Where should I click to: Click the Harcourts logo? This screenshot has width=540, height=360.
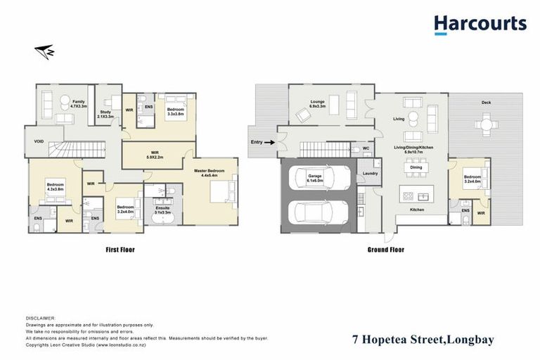tap(480, 25)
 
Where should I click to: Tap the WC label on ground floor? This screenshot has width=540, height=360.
tap(366, 148)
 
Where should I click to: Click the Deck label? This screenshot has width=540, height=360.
tap(486, 103)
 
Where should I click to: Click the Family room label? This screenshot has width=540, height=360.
tap(79, 103)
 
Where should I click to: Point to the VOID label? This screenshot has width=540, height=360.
tap(39, 141)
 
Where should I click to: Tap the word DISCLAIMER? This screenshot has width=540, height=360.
tap(39, 318)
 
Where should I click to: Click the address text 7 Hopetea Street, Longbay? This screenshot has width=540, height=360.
tap(423, 340)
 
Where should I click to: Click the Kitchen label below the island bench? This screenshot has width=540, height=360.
tap(417, 210)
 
